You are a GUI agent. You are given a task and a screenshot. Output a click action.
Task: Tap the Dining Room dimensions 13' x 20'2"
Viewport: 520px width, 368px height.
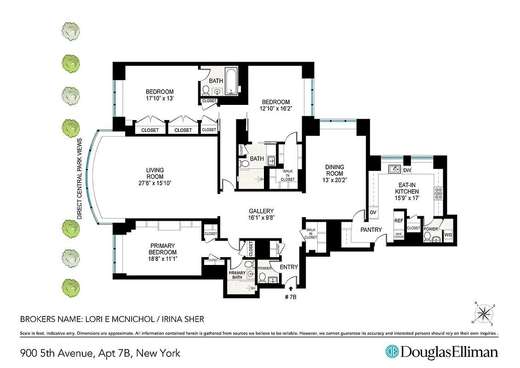coord(335,180)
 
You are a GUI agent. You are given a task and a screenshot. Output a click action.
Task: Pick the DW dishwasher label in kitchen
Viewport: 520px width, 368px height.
coord(406,170)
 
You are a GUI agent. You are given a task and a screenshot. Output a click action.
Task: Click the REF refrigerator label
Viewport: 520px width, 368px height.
coord(399,221)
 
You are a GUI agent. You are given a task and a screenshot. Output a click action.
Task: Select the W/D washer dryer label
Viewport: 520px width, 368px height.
coord(448,236)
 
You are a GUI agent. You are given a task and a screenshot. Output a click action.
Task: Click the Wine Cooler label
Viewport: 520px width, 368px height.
coord(399,235)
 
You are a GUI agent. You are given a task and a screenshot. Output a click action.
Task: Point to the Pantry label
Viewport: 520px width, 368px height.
coord(371,230)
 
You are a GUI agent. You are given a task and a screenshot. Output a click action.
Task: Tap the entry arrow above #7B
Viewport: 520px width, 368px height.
coord(290,288)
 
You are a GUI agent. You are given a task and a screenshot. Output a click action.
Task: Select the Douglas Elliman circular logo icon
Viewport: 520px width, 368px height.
coord(392,352)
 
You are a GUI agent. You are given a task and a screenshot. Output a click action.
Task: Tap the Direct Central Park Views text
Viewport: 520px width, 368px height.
coord(79,178)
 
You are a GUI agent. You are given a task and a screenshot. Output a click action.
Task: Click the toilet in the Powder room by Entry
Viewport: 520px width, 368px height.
coord(262,277)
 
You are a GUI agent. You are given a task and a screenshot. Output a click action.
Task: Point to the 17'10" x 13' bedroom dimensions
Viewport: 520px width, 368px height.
coord(160,98)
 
